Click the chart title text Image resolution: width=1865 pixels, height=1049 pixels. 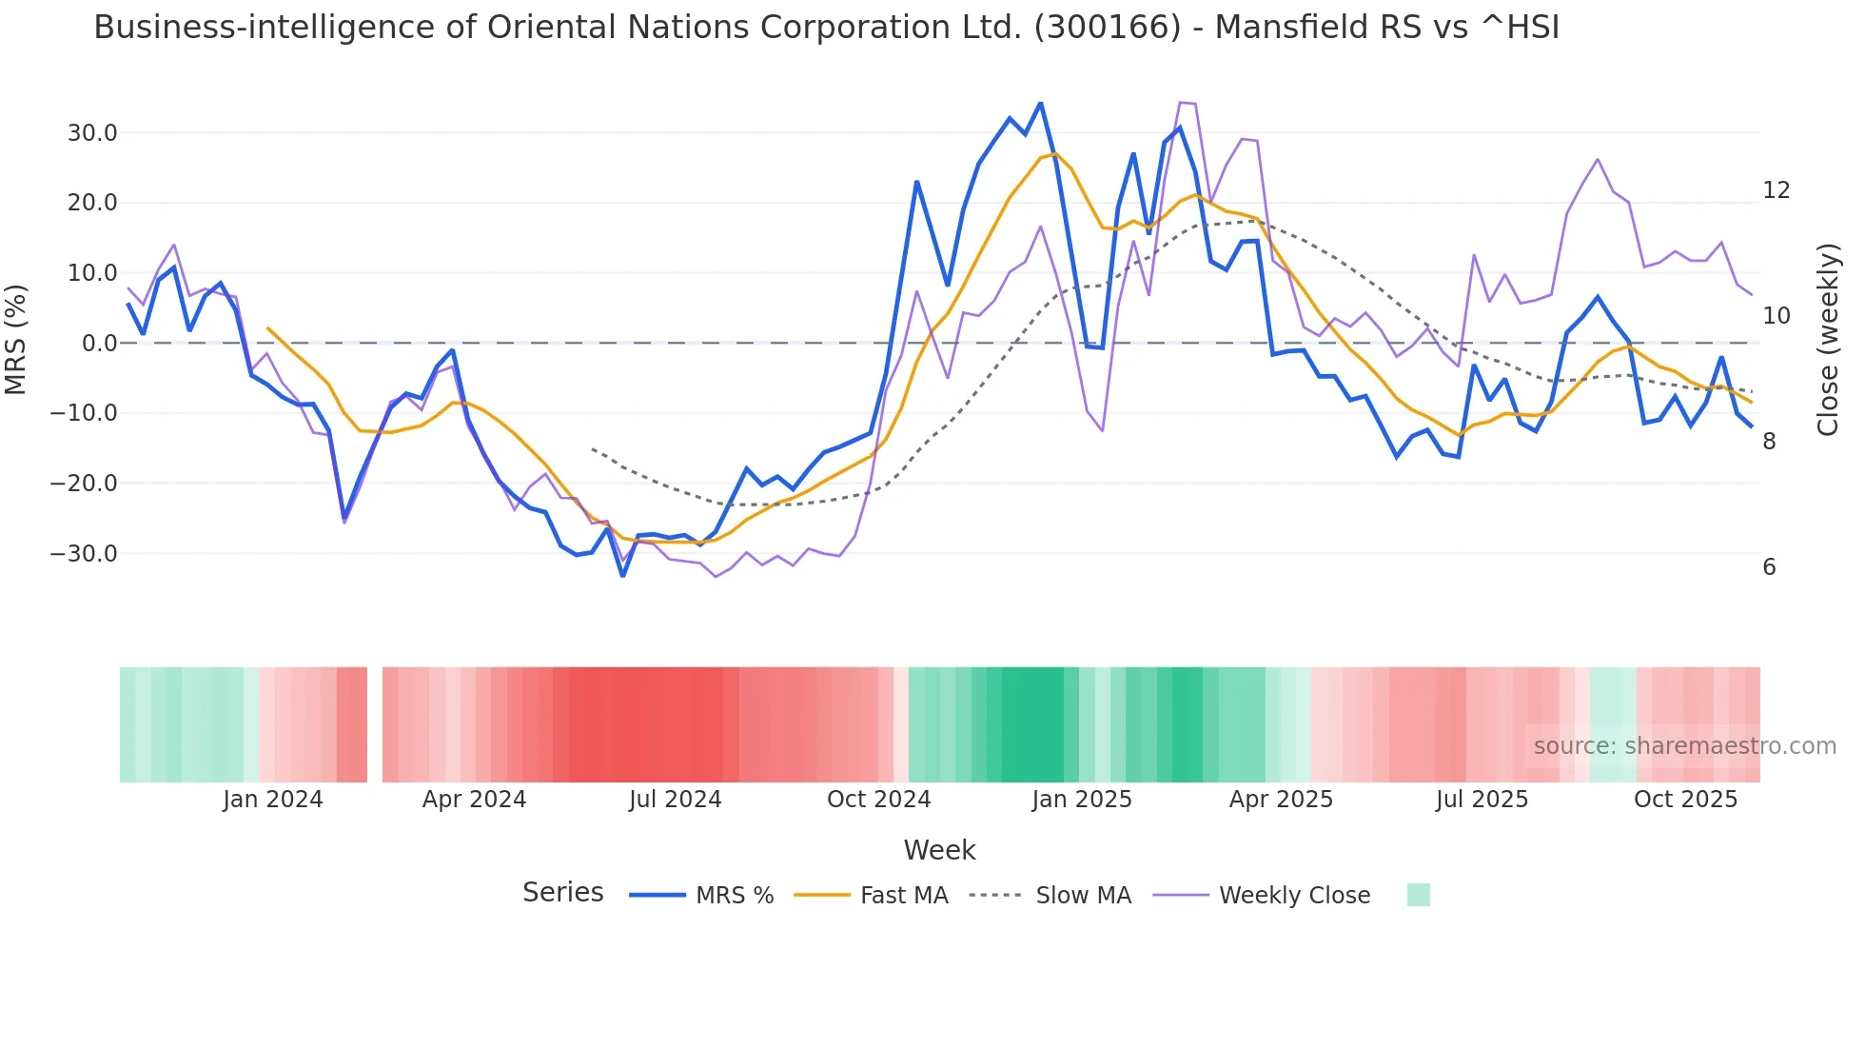pyautogui.click(x=826, y=28)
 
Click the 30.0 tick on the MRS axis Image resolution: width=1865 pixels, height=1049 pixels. pyautogui.click(x=92, y=133)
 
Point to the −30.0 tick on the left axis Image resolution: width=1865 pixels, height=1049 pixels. pyautogui.click(x=85, y=554)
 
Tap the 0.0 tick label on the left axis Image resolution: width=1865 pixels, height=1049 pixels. pyautogui.click(x=100, y=344)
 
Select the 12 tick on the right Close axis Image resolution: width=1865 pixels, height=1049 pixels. pyautogui.click(x=1776, y=190)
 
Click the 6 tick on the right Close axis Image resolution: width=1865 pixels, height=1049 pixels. pyautogui.click(x=1769, y=567)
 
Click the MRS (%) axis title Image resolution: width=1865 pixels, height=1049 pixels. pyautogui.click(x=16, y=340)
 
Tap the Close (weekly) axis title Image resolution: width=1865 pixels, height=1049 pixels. pyautogui.click(x=1827, y=340)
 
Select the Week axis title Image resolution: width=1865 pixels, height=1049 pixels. pyautogui.click(x=939, y=850)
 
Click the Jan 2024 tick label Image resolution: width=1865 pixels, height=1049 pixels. pyautogui.click(x=273, y=800)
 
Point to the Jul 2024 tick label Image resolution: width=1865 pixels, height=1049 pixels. pyautogui.click(x=675, y=800)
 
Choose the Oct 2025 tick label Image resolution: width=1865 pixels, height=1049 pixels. pyautogui.click(x=1685, y=800)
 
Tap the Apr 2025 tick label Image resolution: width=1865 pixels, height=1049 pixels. pyautogui.click(x=1281, y=800)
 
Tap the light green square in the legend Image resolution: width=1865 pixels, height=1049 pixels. pyautogui.click(x=1418, y=895)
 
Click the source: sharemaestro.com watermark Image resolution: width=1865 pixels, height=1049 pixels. pyautogui.click(x=1684, y=746)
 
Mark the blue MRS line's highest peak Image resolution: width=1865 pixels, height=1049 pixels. pyautogui.click(x=1040, y=103)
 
